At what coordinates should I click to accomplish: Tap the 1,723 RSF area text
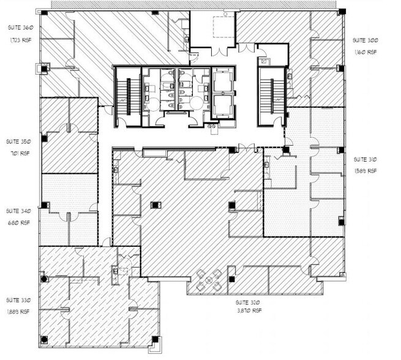tap(18, 40)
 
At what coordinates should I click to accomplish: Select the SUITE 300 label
tap(365, 40)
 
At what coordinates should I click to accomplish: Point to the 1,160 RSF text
tap(365, 52)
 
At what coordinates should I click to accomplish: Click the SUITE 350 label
tap(18, 141)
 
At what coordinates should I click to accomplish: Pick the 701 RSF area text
tap(18, 154)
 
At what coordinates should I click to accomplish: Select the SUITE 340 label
tap(18, 211)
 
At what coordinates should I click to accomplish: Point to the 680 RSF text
tap(18, 223)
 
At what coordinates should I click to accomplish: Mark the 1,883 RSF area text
tap(18, 312)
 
